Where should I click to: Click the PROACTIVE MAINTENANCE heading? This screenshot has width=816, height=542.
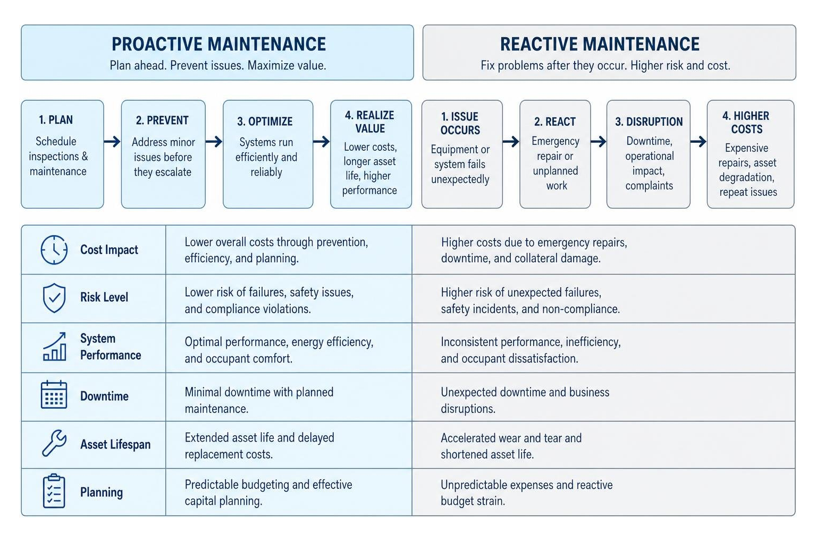point(218,44)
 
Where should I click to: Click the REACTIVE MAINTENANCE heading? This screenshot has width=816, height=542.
point(600,44)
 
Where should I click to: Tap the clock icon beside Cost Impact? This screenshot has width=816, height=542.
point(54,250)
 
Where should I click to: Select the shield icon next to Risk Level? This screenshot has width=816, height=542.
point(54,298)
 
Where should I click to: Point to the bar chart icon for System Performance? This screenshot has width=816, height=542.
point(55,346)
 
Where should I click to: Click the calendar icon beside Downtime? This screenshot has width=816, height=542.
point(54,394)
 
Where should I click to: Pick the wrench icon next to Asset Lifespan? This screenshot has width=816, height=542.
point(54,443)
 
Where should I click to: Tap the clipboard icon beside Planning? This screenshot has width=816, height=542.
point(54,491)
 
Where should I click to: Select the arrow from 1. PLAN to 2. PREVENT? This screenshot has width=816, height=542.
point(112,142)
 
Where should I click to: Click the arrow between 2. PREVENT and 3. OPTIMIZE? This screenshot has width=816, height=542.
point(214,142)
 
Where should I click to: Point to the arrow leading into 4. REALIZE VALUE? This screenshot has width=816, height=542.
point(321,142)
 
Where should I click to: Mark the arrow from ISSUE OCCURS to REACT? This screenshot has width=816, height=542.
point(511,142)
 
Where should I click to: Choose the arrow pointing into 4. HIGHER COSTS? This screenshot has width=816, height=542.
point(699,142)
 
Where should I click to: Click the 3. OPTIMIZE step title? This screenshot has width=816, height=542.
point(265,122)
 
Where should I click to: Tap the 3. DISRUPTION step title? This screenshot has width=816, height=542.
point(649,122)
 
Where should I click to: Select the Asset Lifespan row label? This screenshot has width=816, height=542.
point(115,444)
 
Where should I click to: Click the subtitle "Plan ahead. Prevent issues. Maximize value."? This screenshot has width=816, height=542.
point(218,65)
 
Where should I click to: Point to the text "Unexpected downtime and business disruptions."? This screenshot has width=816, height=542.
point(525,400)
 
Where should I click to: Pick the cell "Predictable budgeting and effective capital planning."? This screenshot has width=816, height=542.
point(268,493)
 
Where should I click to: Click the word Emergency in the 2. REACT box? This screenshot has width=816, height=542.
point(556,141)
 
